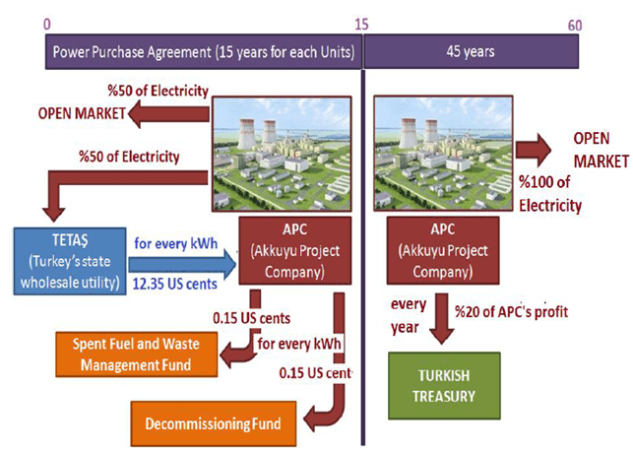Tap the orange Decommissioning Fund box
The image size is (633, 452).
tap(212, 424)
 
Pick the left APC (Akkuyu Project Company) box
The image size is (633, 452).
tap(293, 249)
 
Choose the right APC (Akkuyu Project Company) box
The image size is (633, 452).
tap(430, 249)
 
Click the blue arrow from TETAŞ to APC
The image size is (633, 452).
tap(184, 262)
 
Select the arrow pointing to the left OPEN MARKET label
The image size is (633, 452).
tap(166, 114)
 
